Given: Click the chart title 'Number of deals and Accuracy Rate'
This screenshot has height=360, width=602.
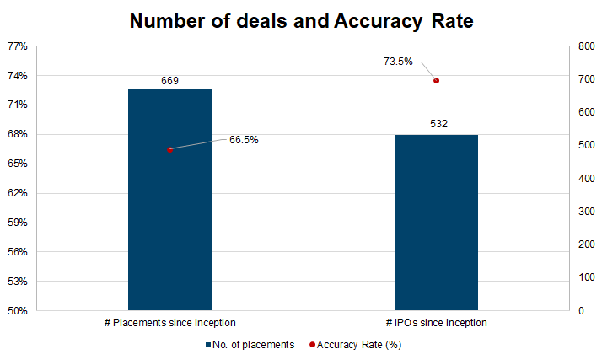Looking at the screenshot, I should coord(301,22).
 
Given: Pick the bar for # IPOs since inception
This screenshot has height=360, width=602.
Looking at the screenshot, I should coord(436,223).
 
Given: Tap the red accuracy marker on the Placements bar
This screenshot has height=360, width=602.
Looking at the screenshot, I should coord(169,150).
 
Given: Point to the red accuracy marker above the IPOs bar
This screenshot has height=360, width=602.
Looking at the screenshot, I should coord(436,81).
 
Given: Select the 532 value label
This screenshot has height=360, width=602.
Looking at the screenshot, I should coord(437,125).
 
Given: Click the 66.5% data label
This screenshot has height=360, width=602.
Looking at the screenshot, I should coord(244,140).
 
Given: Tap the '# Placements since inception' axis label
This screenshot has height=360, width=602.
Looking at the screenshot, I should coord(169,323).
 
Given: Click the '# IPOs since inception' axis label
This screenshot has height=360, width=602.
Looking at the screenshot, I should coord(437,323).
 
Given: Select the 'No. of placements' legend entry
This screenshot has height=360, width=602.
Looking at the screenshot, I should coord(249,345).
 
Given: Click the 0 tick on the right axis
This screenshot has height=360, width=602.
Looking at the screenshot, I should coord(580,311).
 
